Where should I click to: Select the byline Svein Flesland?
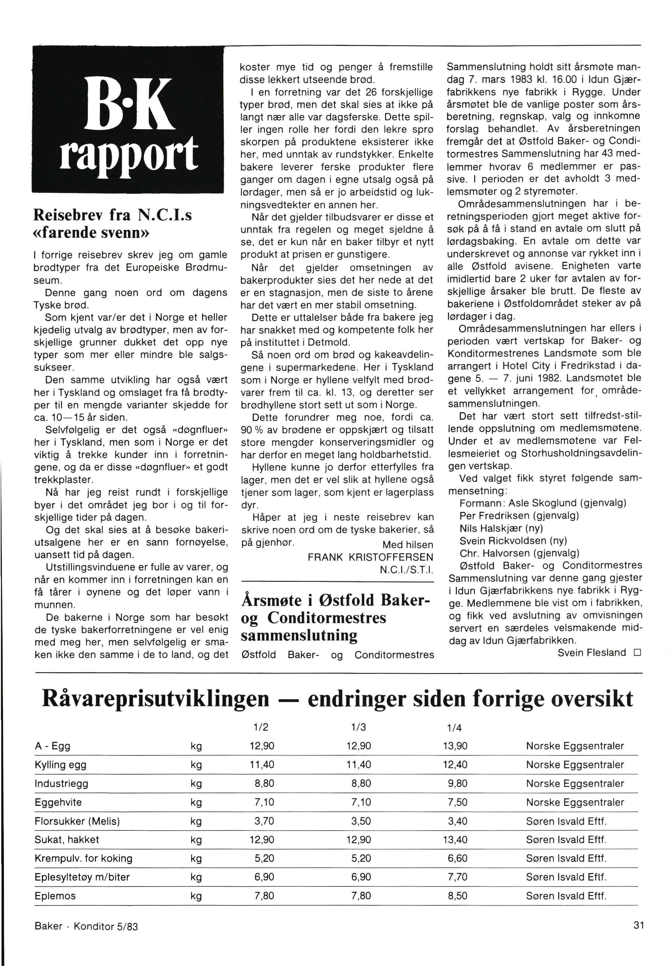pyautogui.click(x=592, y=653)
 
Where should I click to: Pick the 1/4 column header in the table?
pyautogui.click(x=454, y=728)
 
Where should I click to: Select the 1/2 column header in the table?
pyautogui.click(x=261, y=727)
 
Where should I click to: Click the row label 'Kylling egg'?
pyautogui.click(x=61, y=765)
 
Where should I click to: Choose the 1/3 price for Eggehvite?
pyautogui.click(x=361, y=802)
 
